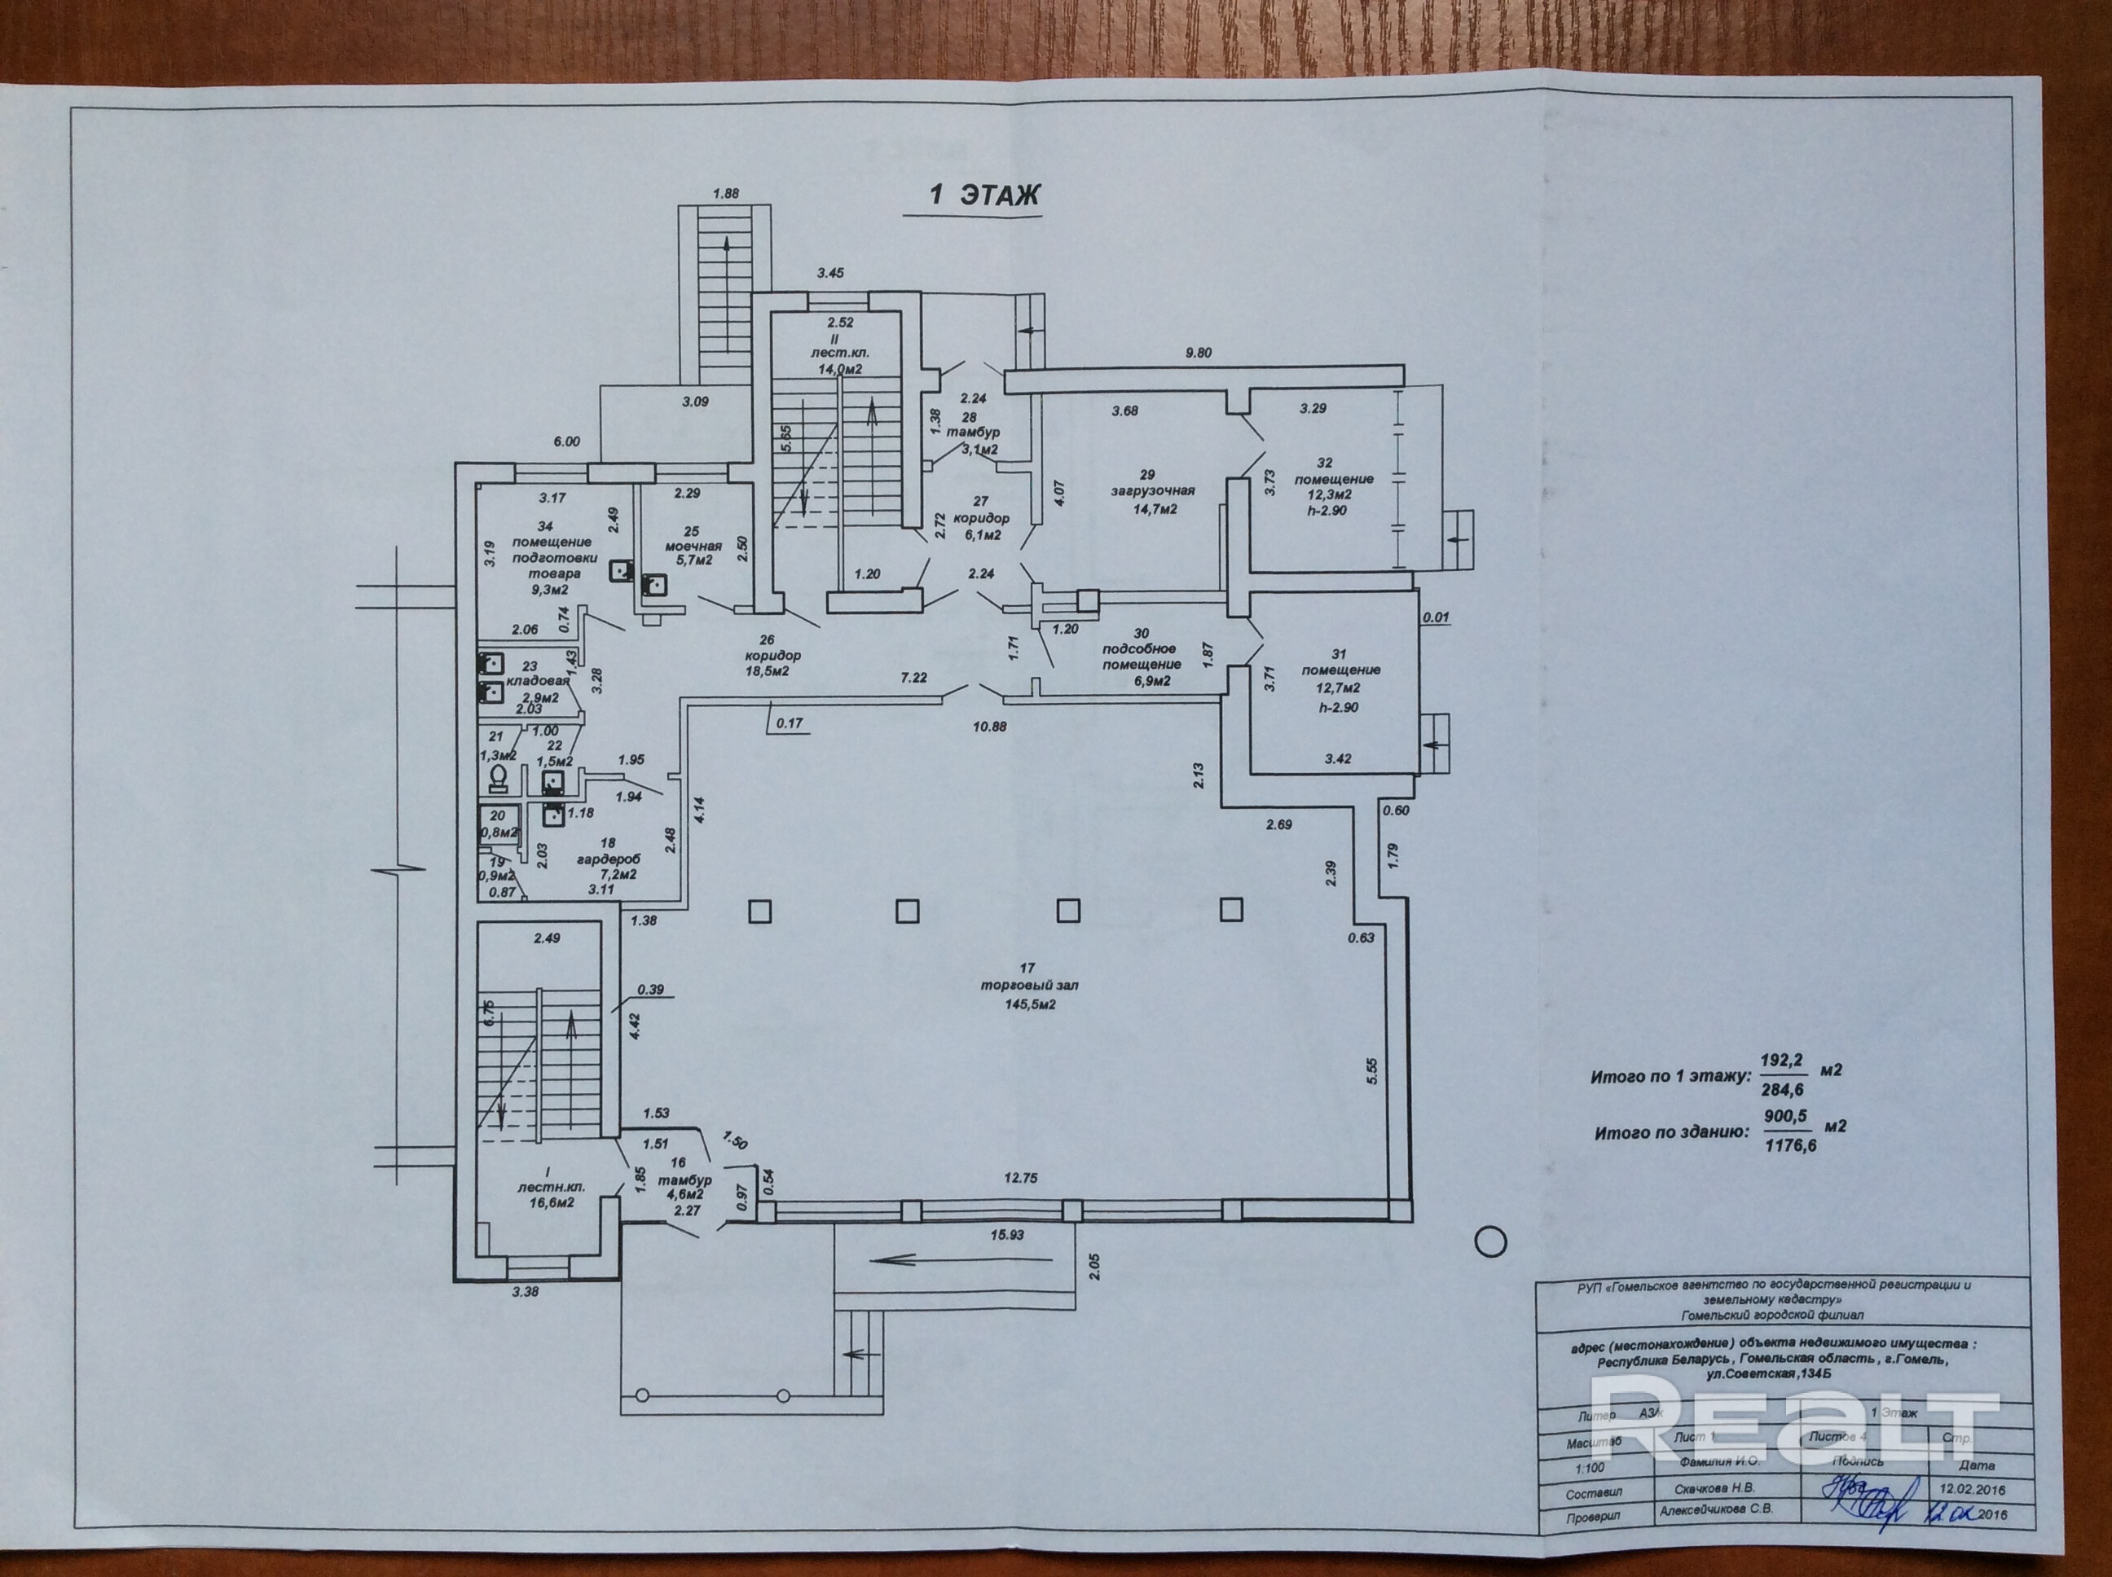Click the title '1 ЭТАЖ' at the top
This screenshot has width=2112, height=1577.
(x=984, y=195)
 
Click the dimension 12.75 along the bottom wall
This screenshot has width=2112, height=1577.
(x=1021, y=1178)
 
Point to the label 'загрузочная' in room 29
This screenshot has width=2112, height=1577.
(x=1152, y=490)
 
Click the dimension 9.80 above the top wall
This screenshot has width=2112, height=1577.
(x=1199, y=352)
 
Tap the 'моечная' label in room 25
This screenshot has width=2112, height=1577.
(x=693, y=546)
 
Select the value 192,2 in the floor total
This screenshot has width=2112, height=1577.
(x=1782, y=1060)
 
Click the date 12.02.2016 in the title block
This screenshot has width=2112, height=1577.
(x=1973, y=1489)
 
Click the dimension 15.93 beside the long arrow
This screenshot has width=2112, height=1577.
(x=1006, y=1234)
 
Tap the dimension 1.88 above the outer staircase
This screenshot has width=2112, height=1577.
(x=726, y=193)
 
